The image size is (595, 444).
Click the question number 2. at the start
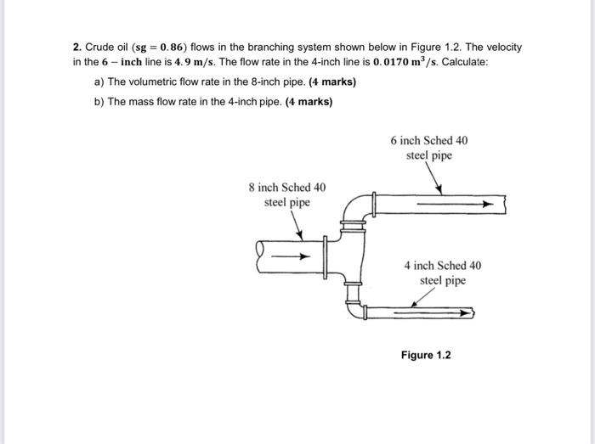(x=76, y=47)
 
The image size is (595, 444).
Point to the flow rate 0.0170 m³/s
(x=382, y=62)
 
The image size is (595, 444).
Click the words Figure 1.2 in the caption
(x=426, y=354)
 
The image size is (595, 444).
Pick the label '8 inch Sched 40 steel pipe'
(x=286, y=194)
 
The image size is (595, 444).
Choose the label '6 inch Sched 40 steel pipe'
(x=428, y=148)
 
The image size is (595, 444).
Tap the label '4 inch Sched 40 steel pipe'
(x=442, y=273)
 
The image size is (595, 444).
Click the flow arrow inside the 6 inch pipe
(x=460, y=204)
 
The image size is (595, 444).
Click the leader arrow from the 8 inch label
(x=297, y=225)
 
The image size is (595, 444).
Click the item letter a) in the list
(x=99, y=82)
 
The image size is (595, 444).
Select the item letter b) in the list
(x=99, y=102)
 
